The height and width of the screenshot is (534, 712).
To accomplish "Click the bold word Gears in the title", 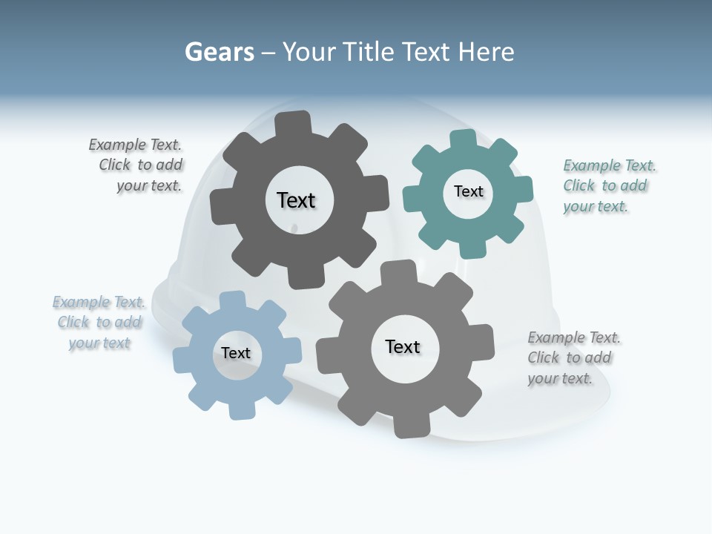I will pos(219,52).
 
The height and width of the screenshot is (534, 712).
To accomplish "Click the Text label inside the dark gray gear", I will pos(296,200).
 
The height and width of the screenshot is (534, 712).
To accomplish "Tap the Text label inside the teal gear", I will pos(468,191).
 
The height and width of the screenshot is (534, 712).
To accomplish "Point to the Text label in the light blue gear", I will pos(236,353).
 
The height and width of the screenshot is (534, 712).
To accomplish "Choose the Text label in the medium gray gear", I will pos(403,346).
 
